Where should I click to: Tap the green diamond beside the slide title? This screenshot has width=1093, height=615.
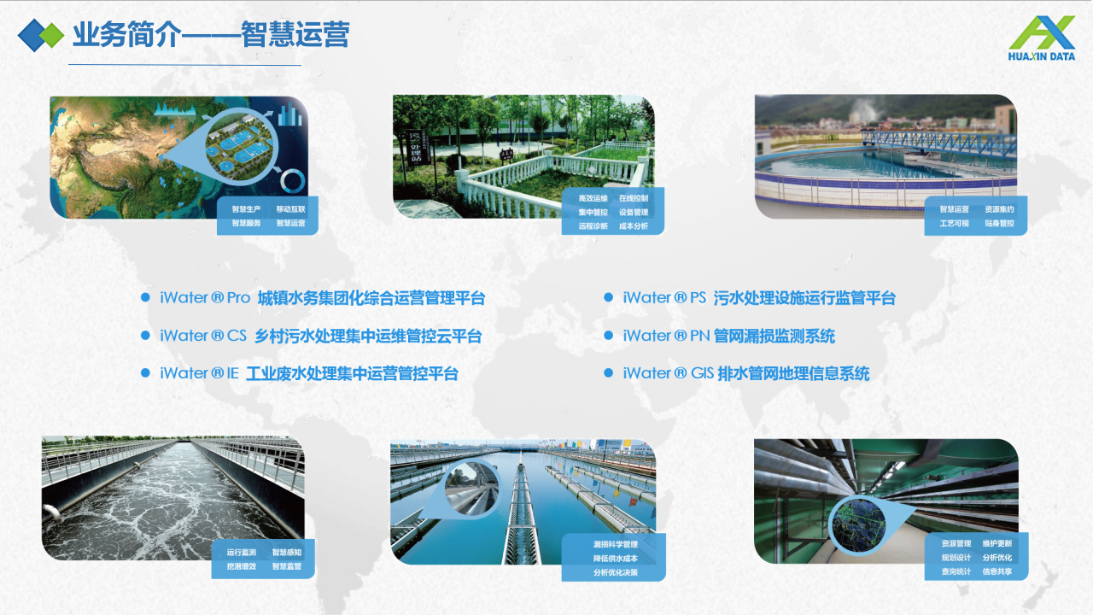click(x=53, y=35)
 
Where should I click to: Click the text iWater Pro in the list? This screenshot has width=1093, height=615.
click(x=205, y=298)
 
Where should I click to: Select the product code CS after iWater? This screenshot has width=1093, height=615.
click(x=237, y=336)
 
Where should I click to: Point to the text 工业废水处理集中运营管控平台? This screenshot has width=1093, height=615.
click(x=353, y=373)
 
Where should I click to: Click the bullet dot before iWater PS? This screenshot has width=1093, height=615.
click(x=609, y=297)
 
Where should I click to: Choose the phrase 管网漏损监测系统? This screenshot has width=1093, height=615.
click(x=775, y=336)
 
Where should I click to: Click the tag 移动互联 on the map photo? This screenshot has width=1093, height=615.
click(x=290, y=208)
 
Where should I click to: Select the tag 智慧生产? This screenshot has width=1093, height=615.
click(x=246, y=208)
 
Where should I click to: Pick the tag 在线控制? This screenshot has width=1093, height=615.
click(x=633, y=199)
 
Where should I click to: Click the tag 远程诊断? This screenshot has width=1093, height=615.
click(x=593, y=226)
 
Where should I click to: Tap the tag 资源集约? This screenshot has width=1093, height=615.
click(x=999, y=209)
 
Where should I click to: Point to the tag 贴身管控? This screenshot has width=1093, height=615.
click(x=999, y=224)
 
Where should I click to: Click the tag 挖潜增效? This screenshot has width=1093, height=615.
click(x=241, y=566)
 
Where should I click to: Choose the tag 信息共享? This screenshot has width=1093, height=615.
click(x=997, y=571)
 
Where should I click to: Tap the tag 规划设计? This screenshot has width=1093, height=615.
click(x=956, y=558)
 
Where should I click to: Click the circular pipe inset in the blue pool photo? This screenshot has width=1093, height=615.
click(x=471, y=487)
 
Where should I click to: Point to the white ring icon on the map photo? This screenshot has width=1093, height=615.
click(x=293, y=180)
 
